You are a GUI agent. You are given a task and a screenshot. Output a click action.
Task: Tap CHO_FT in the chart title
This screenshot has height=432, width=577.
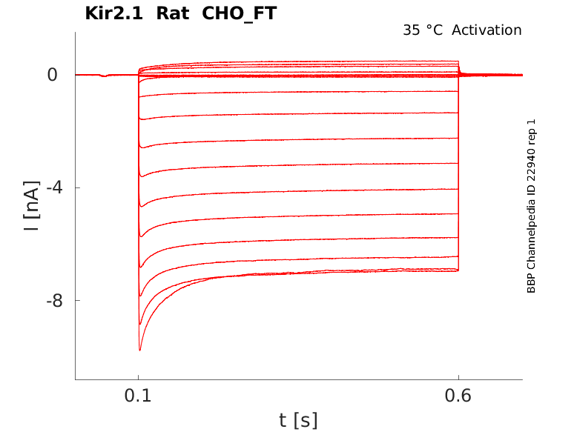[x=239, y=13]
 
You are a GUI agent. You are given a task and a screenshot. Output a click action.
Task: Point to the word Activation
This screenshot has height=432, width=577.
[x=487, y=30]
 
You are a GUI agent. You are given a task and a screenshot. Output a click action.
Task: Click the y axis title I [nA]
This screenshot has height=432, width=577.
[x=32, y=205]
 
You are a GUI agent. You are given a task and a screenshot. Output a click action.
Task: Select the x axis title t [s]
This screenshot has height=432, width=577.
[x=298, y=420]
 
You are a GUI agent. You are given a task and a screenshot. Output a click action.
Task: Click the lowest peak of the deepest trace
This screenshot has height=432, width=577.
[x=139, y=350]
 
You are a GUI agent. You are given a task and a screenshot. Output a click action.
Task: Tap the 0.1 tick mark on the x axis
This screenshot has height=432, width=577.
[x=139, y=377]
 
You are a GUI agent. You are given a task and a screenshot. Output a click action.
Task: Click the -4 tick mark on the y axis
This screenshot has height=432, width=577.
[x=77, y=187]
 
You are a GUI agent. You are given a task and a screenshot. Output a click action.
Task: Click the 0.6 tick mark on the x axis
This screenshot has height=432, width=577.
[x=458, y=377]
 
